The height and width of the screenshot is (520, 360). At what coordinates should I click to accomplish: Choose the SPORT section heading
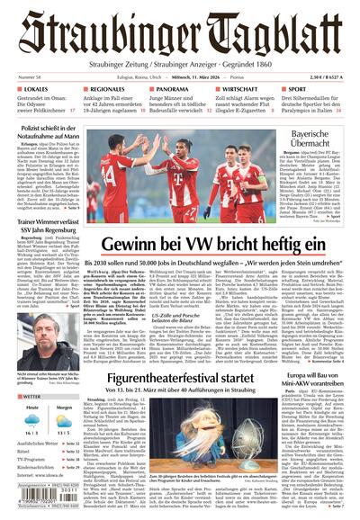click(x=295, y=91)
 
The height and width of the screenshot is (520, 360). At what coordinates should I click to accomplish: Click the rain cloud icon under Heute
click(x=31, y=426)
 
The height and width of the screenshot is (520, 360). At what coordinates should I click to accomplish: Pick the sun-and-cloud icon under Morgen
click(x=66, y=426)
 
